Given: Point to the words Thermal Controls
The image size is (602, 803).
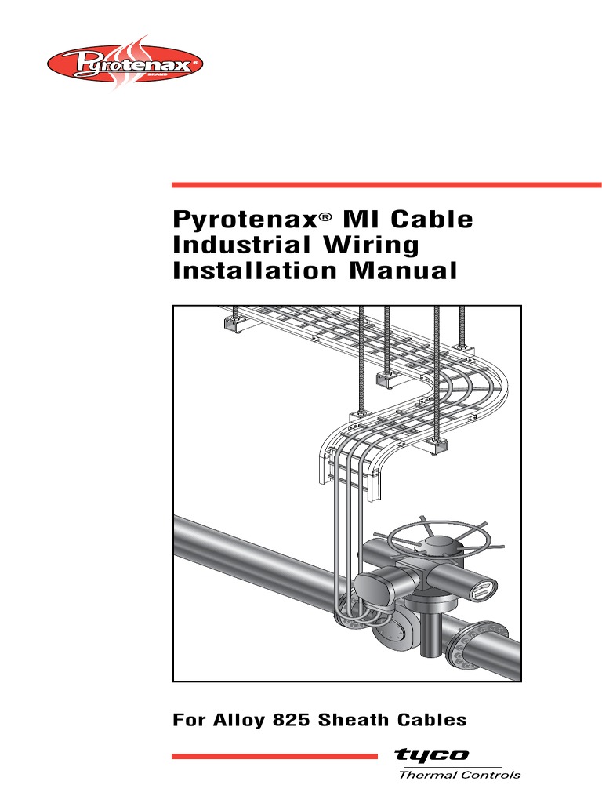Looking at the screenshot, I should [x=459, y=775].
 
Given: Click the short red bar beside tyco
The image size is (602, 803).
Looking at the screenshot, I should [x=274, y=756].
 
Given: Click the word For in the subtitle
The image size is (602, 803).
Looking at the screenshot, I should [x=190, y=719].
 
